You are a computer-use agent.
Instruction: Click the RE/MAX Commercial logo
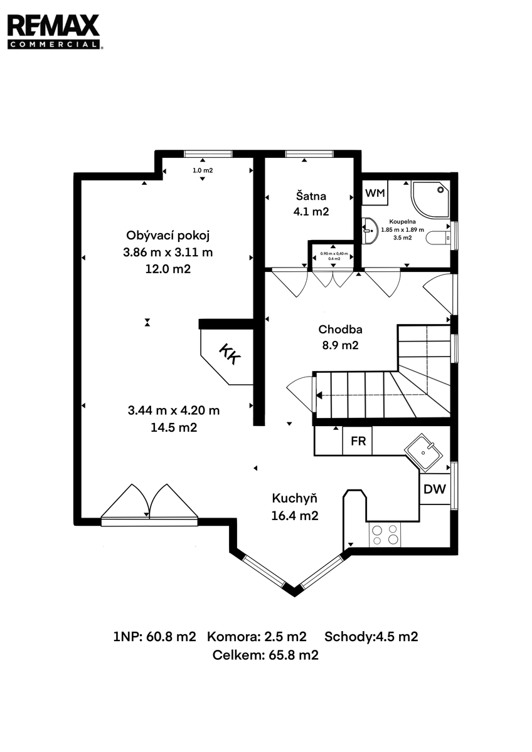54,32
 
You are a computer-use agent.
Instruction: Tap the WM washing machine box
375,193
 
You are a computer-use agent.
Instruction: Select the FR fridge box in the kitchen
358,441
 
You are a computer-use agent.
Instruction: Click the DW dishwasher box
435,489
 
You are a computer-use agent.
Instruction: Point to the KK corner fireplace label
230,354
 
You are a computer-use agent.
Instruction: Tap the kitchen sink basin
423,452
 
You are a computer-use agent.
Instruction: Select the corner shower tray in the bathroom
431,199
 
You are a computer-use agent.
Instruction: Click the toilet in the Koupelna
439,238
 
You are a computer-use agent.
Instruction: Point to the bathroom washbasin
370,231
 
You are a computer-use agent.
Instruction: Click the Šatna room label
311,196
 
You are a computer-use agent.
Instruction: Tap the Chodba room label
340,330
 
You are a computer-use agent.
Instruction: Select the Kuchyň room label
294,499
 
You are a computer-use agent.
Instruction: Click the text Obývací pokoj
168,236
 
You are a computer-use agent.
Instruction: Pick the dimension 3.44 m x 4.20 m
174,410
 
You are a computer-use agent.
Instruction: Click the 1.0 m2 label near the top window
203,170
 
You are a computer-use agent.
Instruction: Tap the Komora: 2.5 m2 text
257,637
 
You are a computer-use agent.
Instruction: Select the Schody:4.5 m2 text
371,637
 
